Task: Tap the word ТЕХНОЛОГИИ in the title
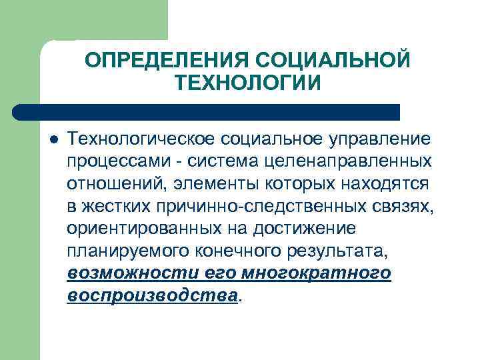(248, 83)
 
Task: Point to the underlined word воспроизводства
(152, 295)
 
